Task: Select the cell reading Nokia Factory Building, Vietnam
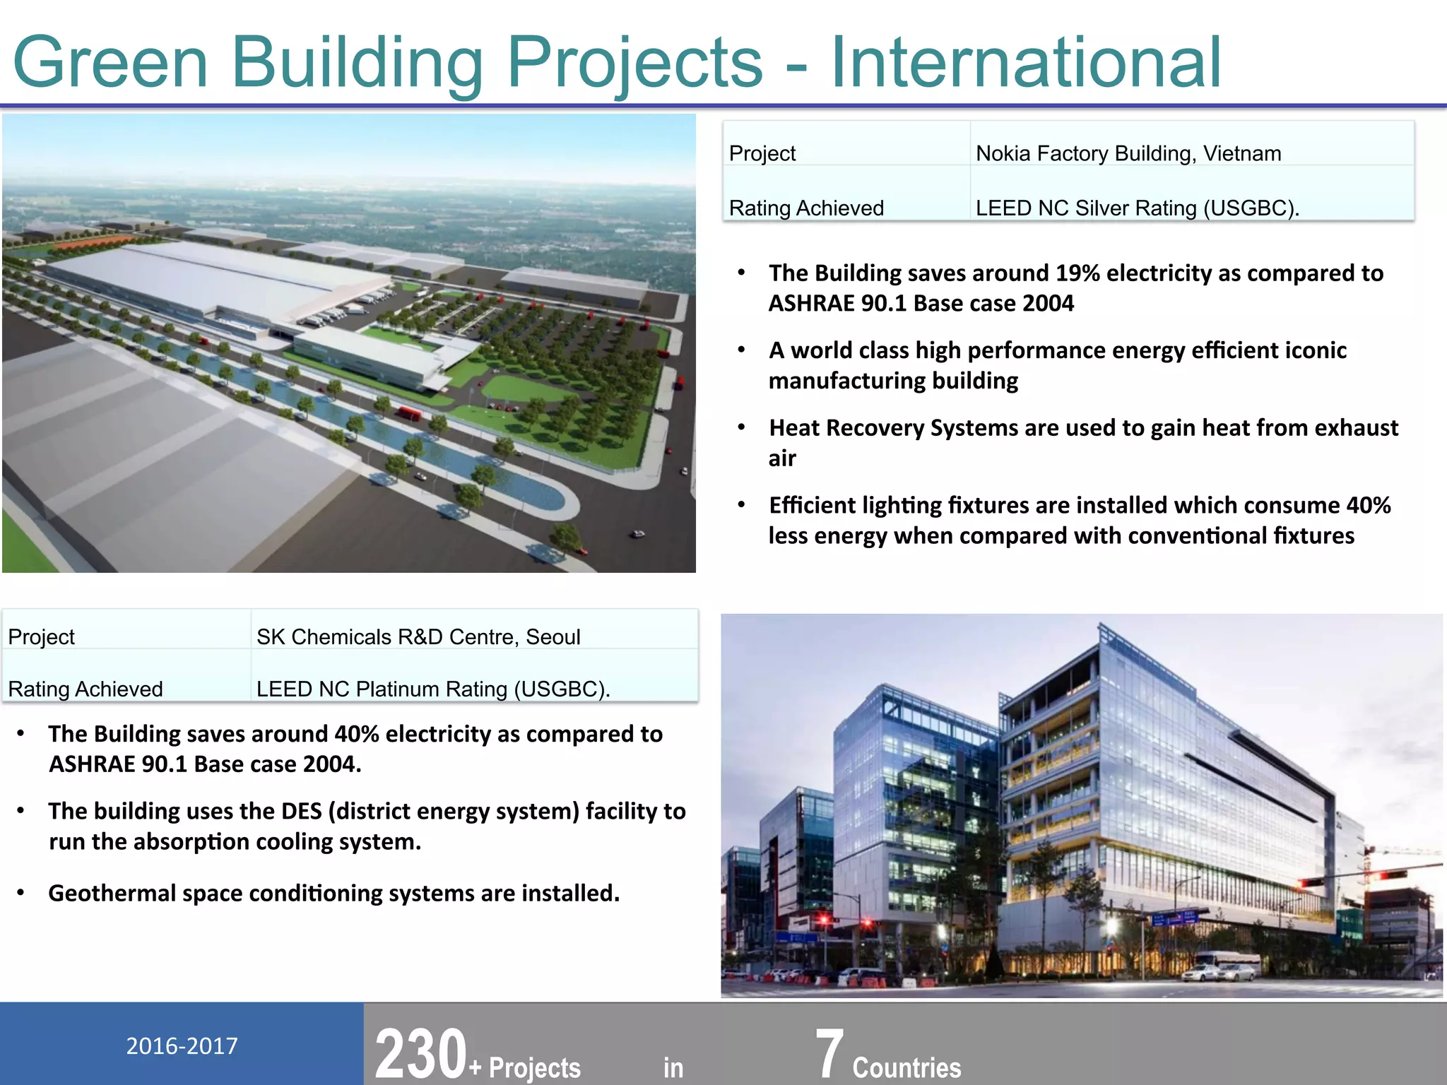click(1128, 153)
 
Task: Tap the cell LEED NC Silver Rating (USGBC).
click(1137, 208)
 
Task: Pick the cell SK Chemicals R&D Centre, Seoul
click(418, 637)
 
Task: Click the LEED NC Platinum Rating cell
click(432, 689)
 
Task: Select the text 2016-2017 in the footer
click(182, 1046)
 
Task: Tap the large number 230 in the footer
click(420, 1055)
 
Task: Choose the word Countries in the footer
click(906, 1067)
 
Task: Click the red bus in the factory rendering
click(408, 413)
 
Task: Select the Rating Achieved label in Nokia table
click(806, 208)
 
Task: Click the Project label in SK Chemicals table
click(41, 637)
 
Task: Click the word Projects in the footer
click(534, 1067)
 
